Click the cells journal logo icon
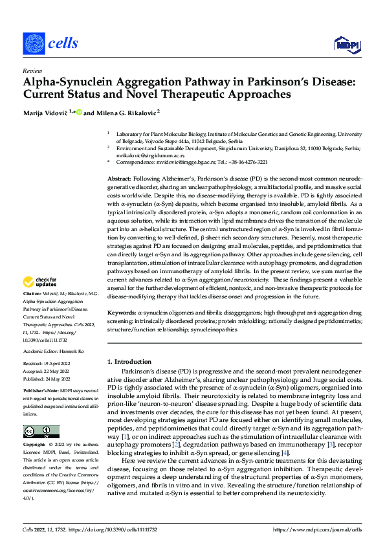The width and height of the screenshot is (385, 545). pos(34,43)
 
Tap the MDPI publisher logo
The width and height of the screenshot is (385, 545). pos(346,44)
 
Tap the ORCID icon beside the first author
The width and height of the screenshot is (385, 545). pos(79,112)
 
